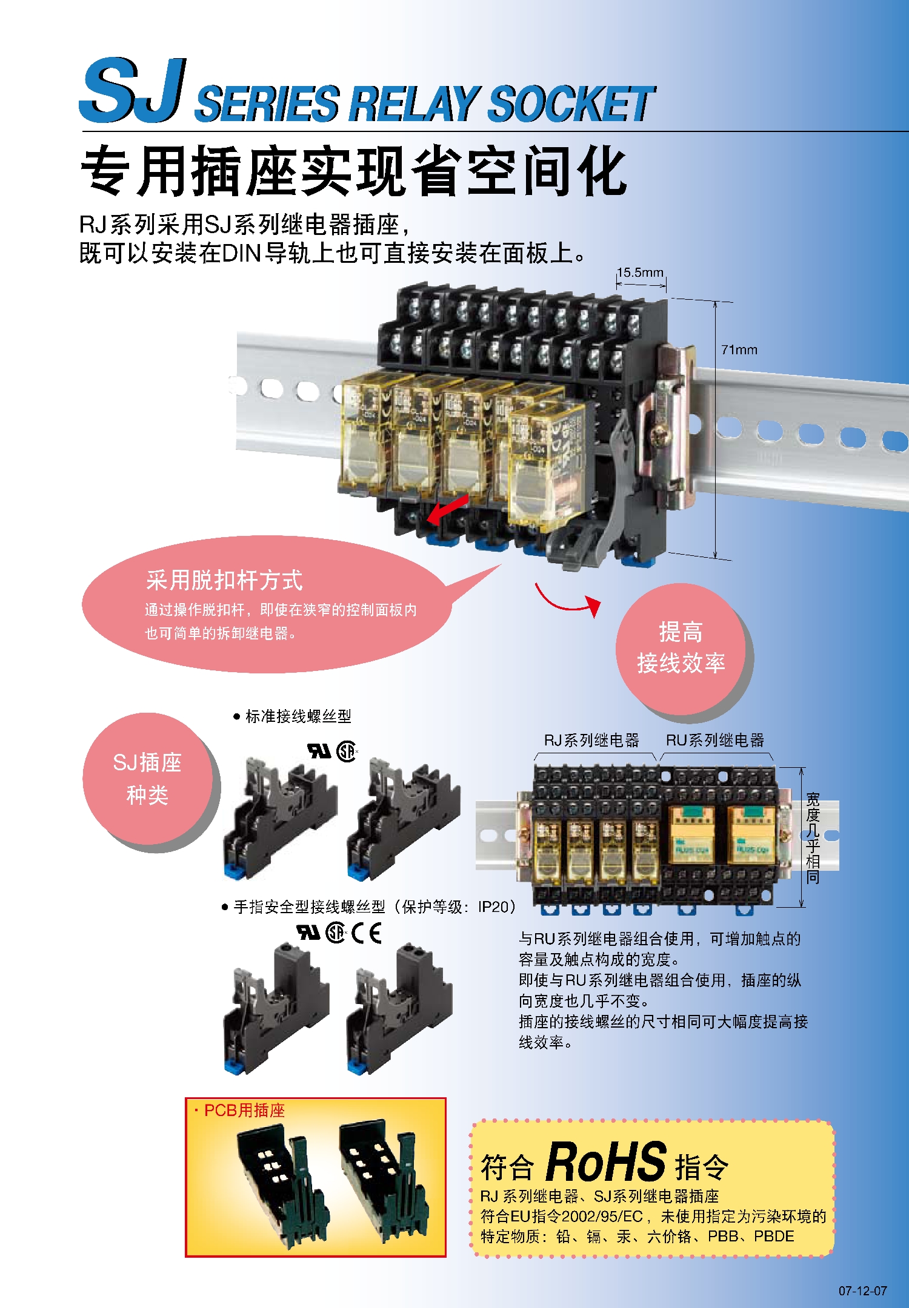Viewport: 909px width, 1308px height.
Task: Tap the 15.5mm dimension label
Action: [x=640, y=272]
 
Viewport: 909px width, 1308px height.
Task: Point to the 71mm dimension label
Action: [x=739, y=349]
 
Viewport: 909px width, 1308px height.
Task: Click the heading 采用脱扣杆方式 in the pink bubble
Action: [x=224, y=580]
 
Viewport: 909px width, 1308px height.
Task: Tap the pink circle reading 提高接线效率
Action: [x=682, y=648]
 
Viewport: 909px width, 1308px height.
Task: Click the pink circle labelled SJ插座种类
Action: [x=148, y=779]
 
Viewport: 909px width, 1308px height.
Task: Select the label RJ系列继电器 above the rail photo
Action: [x=591, y=740]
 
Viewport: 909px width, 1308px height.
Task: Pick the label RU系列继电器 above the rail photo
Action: [x=715, y=740]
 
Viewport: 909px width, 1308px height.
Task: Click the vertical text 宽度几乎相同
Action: [x=813, y=838]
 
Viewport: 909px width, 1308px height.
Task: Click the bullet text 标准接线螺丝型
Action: [x=298, y=716]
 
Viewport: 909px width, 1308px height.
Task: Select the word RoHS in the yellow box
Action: [x=606, y=1161]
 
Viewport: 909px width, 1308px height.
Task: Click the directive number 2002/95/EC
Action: [x=602, y=1217]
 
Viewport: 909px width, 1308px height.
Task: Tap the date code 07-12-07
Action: [x=863, y=1290]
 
